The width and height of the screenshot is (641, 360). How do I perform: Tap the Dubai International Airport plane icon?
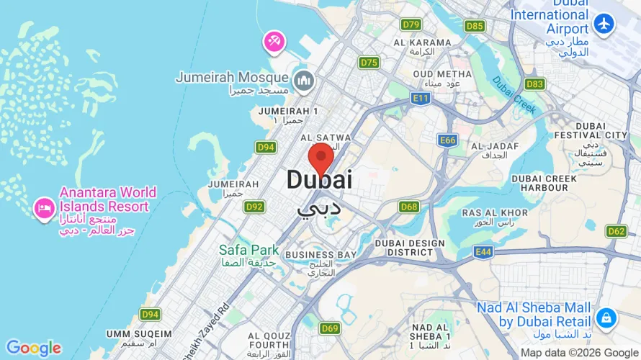[604, 24]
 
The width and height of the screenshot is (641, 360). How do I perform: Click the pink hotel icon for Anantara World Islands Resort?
[44, 208]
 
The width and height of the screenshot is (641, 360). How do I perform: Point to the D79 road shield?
[411, 24]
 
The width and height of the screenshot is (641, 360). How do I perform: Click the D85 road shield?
[475, 26]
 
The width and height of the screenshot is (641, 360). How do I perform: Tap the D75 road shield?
[369, 63]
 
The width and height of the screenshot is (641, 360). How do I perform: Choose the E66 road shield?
[447, 140]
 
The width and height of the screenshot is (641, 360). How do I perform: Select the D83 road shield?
[534, 84]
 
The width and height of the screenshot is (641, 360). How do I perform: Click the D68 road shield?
[409, 207]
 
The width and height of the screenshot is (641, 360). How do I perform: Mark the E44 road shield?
[483, 251]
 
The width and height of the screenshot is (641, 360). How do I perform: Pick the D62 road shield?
[616, 231]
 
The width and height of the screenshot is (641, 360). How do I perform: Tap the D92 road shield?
[254, 207]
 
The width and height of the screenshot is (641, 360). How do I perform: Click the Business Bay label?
[320, 255]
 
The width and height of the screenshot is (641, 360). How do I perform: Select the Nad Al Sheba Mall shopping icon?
[606, 317]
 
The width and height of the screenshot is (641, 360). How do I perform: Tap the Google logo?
[33, 348]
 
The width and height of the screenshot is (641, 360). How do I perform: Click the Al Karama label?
[422, 42]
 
